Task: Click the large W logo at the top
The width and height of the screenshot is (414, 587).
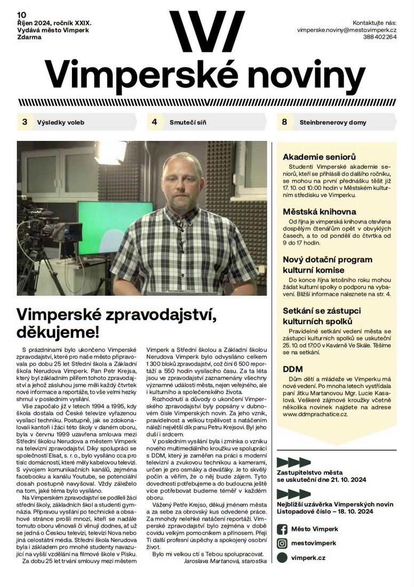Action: (207, 31)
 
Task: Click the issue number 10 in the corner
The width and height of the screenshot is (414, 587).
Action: (21, 14)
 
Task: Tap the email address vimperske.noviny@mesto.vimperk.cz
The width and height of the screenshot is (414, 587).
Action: (347, 30)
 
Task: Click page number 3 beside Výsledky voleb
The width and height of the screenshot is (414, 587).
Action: (25, 122)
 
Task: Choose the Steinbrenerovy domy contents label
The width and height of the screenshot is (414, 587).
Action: (332, 122)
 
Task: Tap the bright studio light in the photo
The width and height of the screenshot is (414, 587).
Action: (109, 152)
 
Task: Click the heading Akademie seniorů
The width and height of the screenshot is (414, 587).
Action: (319, 157)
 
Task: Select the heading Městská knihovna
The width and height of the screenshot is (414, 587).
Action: (319, 211)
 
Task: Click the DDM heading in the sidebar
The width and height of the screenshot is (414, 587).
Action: (293, 369)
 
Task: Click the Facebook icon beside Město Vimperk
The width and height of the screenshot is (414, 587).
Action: (282, 529)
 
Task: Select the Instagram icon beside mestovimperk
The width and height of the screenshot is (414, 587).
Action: (282, 543)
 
